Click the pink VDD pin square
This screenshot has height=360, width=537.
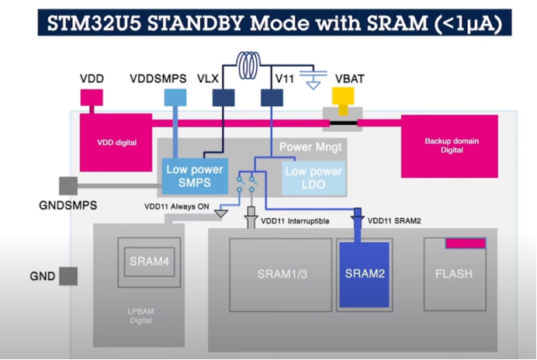click(x=92, y=97)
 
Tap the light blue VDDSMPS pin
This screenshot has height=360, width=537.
click(x=175, y=97)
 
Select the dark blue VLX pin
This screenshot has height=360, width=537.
click(x=223, y=98)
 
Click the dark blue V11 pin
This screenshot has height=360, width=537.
click(x=272, y=98)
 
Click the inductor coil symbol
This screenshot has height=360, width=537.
click(x=248, y=64)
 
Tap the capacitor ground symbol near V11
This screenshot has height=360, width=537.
click(x=313, y=80)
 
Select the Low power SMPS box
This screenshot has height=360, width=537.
click(x=195, y=176)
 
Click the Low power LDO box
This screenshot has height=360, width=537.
click(x=314, y=178)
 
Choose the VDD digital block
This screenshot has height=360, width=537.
click(x=116, y=143)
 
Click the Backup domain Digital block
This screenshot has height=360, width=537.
click(x=449, y=147)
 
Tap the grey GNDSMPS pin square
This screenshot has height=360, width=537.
click(x=68, y=185)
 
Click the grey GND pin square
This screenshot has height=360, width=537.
click(x=68, y=276)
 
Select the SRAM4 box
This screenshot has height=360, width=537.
click(x=149, y=261)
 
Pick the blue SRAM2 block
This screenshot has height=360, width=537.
click(x=365, y=275)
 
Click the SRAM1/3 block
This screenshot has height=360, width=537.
click(x=280, y=275)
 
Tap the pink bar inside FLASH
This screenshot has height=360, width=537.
click(x=466, y=243)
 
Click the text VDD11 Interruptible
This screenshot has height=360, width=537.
click(x=295, y=221)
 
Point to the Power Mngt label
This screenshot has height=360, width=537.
click(x=310, y=147)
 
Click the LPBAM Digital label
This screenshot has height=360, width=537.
click(x=140, y=316)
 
